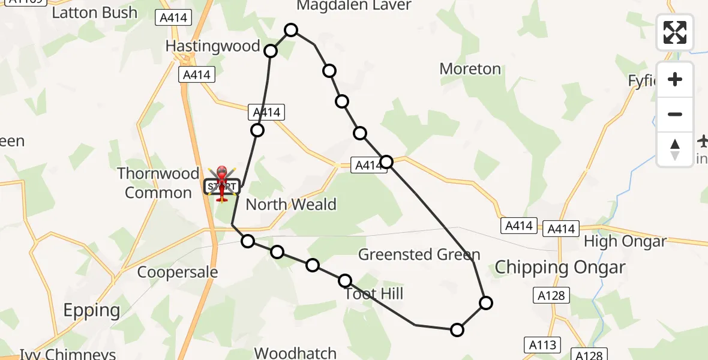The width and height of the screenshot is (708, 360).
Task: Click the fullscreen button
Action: pos(675,32)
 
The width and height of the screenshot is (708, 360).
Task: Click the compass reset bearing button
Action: pos(675,149)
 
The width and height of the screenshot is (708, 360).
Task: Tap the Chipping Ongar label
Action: pos(559,268)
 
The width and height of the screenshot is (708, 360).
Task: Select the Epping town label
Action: pos(92,310)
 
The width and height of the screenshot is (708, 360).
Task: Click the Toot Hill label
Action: pos(374,294)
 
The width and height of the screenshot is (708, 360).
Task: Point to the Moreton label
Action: pos(470,69)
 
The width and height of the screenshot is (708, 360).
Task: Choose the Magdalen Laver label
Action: pos(354,6)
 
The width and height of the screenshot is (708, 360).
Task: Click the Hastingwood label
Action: pos(212,46)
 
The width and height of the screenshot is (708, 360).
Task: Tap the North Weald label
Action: pos(291,205)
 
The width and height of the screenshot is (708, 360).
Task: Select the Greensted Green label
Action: pos(419,254)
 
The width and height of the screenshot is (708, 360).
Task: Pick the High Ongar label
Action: pos(625,241)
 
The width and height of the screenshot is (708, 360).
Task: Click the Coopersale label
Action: pos(178,272)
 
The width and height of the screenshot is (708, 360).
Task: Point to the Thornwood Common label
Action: pos(158,183)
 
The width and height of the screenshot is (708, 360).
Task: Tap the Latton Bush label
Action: pos(94,13)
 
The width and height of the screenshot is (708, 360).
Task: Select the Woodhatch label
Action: pos(295,353)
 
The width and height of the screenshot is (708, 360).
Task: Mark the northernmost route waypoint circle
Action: pos(291,30)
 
